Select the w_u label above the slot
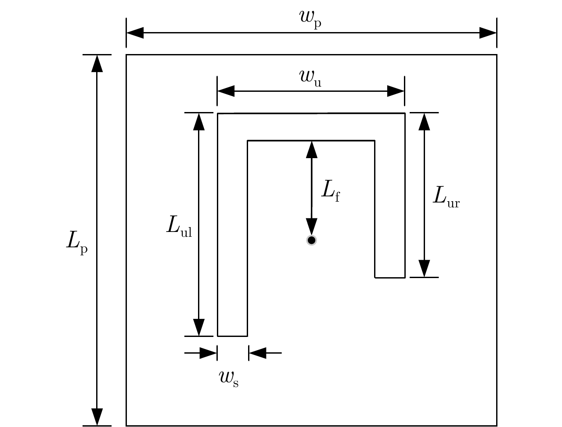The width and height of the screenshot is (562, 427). (310, 77)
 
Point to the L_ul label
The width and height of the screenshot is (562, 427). (179, 226)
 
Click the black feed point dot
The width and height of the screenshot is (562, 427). (311, 240)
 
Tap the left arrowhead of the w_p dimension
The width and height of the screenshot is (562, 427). (135, 33)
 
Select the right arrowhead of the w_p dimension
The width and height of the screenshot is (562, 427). (488, 33)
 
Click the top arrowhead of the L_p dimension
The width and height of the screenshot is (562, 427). (97, 63)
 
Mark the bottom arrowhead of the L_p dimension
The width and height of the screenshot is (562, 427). (97, 417)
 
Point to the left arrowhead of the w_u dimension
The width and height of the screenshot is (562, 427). (226, 91)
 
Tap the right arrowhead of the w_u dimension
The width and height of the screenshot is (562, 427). (396, 91)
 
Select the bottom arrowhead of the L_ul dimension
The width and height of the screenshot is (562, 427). (199, 327)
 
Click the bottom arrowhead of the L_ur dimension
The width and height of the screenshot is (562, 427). (424, 268)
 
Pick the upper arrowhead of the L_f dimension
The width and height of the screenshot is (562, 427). (312, 149)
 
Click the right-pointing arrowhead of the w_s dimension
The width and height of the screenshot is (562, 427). (209, 353)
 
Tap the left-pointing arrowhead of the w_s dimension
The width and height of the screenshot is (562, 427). (257, 353)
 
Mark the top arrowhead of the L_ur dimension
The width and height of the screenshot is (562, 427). (424, 122)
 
